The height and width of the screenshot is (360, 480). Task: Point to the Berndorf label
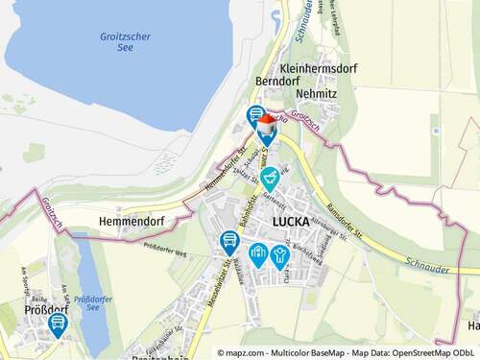click(279, 83)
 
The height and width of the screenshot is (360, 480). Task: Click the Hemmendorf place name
click(132, 221)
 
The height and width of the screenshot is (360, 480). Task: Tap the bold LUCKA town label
click(293, 221)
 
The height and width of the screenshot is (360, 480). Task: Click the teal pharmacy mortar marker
click(271, 177)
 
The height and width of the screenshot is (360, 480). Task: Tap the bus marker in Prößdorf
click(58, 323)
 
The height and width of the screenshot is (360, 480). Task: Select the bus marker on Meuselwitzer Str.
click(228, 240)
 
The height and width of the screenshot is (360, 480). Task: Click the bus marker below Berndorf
click(255, 115)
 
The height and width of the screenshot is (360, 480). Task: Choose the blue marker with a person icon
click(279, 254)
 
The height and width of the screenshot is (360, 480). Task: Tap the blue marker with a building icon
click(257, 253)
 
